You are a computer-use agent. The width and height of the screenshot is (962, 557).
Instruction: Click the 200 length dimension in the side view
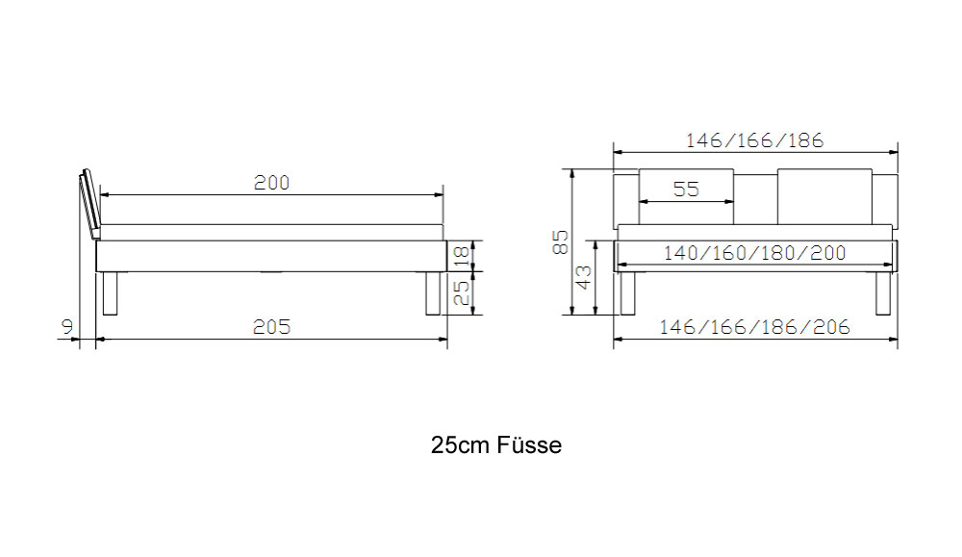click(x=272, y=183)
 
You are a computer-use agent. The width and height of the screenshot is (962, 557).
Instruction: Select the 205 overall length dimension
click(x=272, y=327)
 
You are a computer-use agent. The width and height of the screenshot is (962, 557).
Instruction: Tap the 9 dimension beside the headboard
click(x=67, y=327)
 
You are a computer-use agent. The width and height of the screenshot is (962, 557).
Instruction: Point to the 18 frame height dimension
click(x=462, y=255)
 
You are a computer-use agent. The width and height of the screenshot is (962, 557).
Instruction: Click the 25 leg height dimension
click(x=462, y=293)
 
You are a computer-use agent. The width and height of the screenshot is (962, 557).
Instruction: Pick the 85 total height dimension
click(x=561, y=242)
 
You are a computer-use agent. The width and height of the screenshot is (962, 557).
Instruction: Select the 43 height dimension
click(x=584, y=277)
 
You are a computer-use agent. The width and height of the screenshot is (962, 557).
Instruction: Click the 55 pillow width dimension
click(x=686, y=189)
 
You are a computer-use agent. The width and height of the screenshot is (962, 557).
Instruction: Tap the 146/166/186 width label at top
click(x=754, y=141)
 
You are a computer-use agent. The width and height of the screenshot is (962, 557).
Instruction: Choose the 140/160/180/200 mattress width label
click(x=754, y=253)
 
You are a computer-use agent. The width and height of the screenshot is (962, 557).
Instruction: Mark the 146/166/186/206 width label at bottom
click(x=754, y=327)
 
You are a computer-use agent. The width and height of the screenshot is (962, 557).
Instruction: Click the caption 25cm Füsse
click(x=496, y=445)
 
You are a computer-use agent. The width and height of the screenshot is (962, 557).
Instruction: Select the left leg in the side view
click(x=110, y=293)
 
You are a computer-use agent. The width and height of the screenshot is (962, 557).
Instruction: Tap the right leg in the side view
click(x=433, y=293)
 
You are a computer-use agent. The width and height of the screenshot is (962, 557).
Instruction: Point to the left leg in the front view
click(x=627, y=293)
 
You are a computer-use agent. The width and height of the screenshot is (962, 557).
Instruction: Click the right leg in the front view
click(x=883, y=293)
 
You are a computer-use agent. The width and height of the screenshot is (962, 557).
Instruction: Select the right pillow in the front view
click(x=824, y=196)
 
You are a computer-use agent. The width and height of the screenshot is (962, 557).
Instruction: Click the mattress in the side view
click(x=272, y=233)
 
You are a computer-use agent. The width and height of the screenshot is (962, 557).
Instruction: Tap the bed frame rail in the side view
click(x=272, y=256)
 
